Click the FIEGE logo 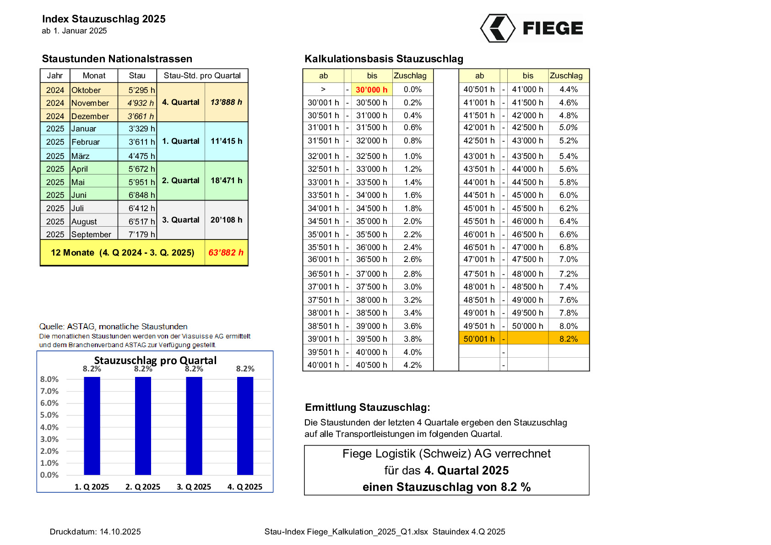click(532, 28)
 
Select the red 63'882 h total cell click(226, 252)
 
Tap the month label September click(91, 234)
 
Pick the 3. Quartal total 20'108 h click(226, 220)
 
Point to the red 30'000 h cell click(371, 90)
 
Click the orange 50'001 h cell click(479, 339)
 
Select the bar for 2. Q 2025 click(143, 426)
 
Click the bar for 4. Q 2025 click(245, 426)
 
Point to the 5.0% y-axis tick click(49, 415)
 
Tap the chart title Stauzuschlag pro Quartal click(155, 360)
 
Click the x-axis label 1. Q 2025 click(92, 487)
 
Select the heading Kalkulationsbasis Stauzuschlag click(384, 59)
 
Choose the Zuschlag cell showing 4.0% click(413, 352)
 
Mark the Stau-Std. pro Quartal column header click(202, 76)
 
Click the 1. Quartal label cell click(181, 141)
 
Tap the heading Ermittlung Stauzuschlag click(367, 407)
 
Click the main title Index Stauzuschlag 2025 click(104, 19)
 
